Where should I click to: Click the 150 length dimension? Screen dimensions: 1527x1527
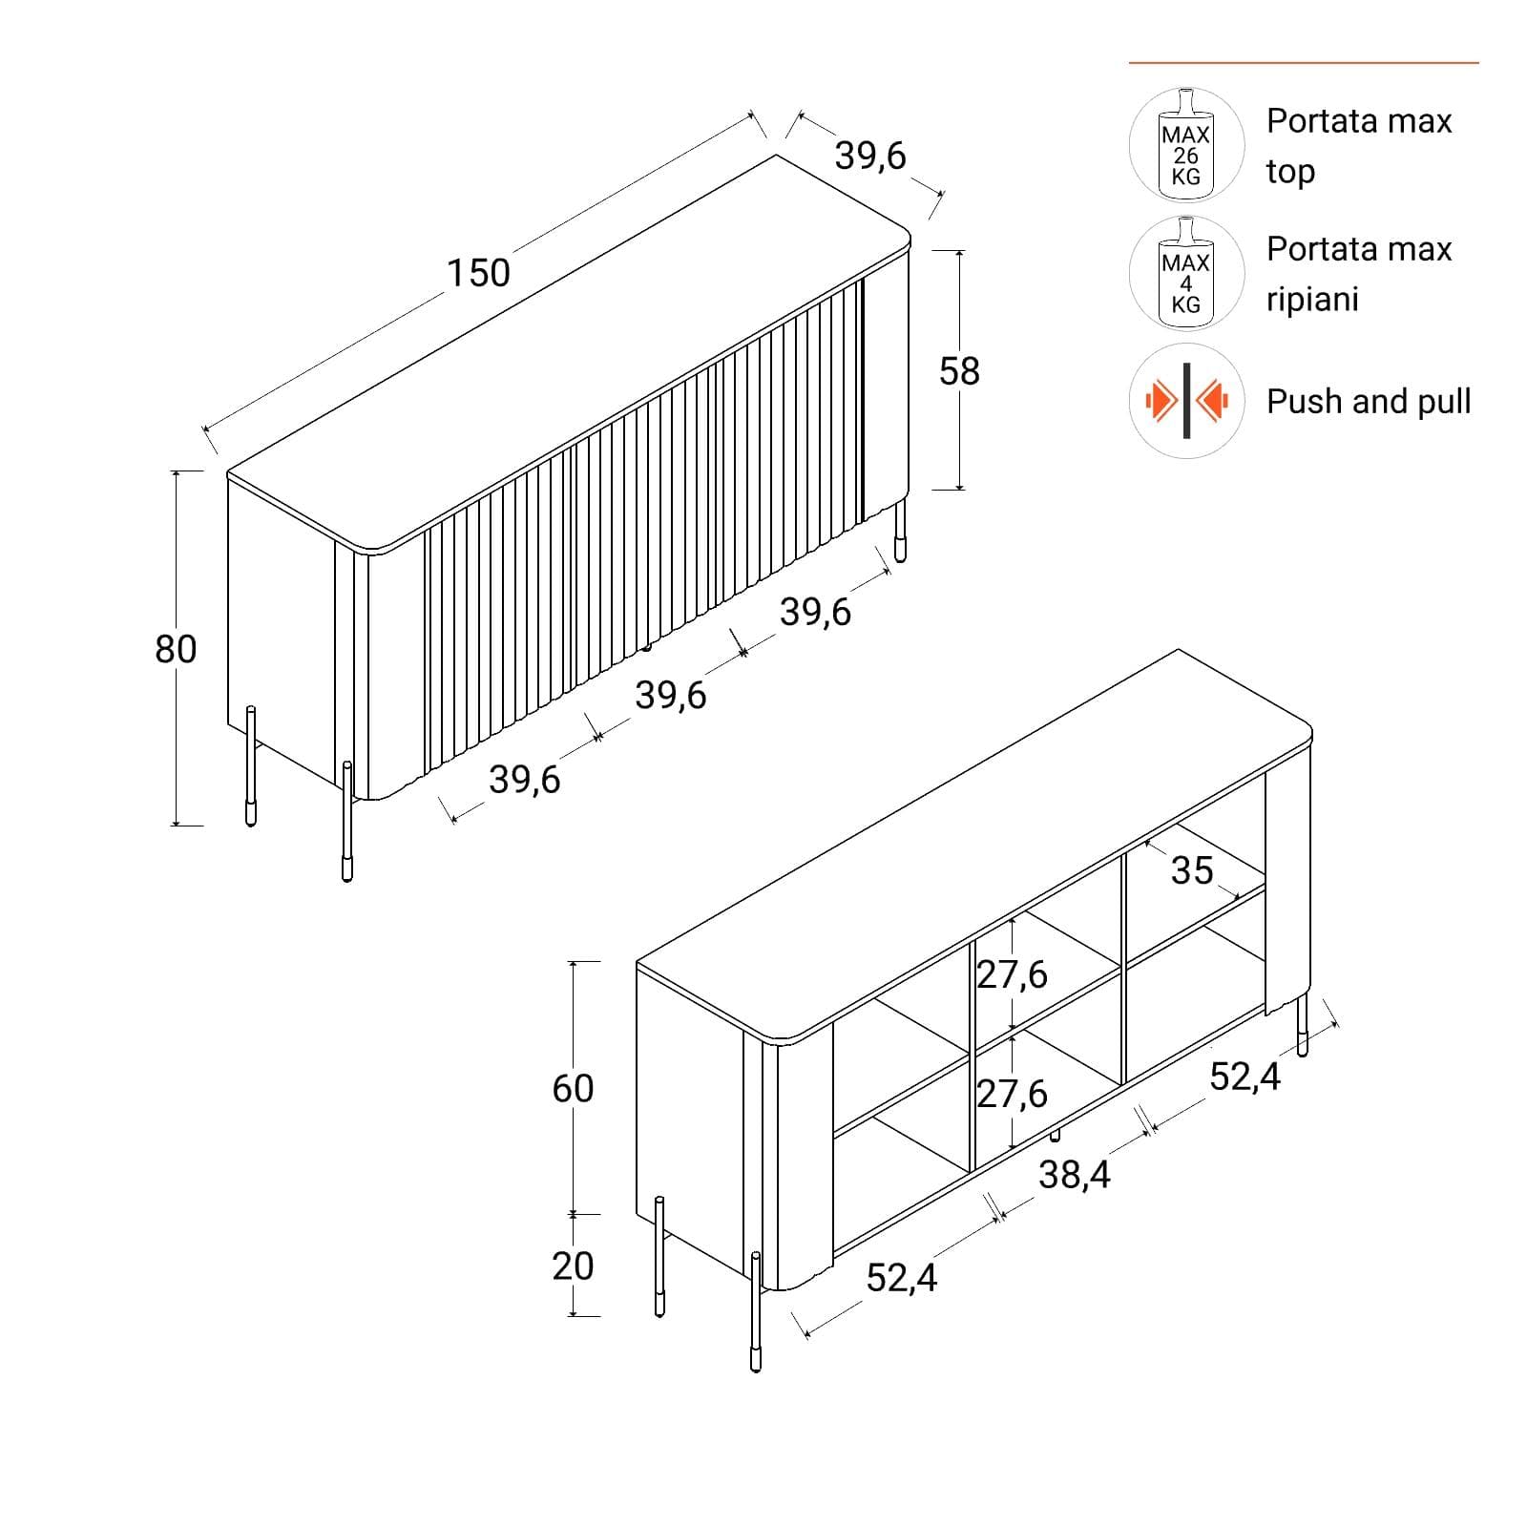point(479,273)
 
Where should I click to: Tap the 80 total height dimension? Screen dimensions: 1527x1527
point(176,649)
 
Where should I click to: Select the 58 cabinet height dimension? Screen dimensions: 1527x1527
point(959,371)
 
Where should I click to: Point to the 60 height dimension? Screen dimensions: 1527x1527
point(573,1088)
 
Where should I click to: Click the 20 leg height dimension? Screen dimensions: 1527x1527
point(573,1266)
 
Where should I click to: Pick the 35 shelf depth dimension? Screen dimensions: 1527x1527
point(1192,870)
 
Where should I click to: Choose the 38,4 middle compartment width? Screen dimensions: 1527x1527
point(1075,1174)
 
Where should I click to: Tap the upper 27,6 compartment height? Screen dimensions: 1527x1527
point(1013,974)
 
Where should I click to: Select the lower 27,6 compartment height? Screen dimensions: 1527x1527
point(1013,1094)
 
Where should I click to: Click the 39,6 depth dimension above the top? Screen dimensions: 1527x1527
point(870,156)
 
